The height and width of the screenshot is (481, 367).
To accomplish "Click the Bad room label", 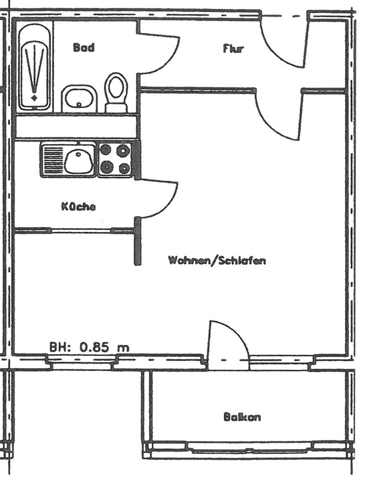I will point(84,48).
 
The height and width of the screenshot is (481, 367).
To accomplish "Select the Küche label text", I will point(78,206).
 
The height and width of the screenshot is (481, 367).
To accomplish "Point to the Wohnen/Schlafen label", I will point(217,261).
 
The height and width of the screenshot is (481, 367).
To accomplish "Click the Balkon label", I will point(242,417).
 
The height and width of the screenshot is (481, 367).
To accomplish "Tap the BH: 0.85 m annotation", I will point(89,346).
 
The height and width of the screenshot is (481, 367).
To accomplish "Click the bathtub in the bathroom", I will point(35,66).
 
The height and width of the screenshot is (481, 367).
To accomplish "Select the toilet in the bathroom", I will point(117,92).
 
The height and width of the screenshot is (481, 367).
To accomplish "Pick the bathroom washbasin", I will point(79,98).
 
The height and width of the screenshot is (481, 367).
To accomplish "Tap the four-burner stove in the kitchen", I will point(115,159).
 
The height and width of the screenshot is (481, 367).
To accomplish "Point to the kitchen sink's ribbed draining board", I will point(52,160).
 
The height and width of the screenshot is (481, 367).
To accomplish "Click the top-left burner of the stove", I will point(106,150).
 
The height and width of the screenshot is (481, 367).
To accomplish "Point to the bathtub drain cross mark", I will point(34,97).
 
